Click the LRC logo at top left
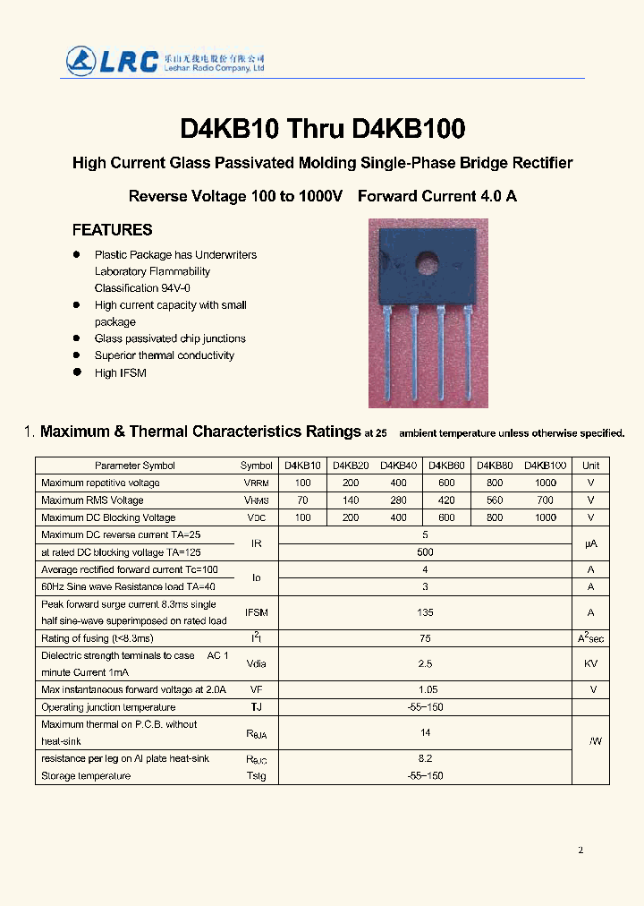(112, 61)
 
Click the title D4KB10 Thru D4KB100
(322, 129)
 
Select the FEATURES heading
(112, 230)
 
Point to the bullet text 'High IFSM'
(120, 372)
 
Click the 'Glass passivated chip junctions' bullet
(170, 338)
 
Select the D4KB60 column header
(446, 466)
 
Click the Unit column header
(590, 466)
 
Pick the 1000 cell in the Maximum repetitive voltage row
(545, 483)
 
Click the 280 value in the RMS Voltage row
(398, 500)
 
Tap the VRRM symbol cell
(257, 483)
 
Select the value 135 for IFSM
(425, 613)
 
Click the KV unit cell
(590, 664)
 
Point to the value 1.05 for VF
(425, 690)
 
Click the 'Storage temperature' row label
(86, 776)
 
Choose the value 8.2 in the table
(425, 758)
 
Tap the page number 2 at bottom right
(580, 850)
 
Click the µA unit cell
(590, 543)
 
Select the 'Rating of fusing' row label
(97, 638)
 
